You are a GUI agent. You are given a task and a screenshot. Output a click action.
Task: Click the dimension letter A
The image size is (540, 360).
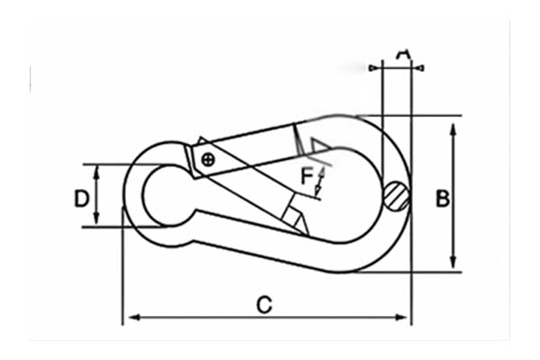pos(402,56)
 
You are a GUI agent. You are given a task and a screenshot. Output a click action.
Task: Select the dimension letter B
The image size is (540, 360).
pos(442,198)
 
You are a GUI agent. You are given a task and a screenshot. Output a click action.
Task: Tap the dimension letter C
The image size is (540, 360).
pos(264,305)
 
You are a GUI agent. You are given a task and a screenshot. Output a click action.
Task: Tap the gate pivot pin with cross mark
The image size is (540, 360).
pos(208,160)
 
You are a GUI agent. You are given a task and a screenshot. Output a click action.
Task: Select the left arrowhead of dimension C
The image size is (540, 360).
pos(131,317)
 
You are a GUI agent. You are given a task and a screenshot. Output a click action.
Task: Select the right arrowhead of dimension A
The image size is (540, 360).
pos(419,67)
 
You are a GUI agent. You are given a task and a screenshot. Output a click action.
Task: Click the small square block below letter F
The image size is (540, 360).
pos(294,216)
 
